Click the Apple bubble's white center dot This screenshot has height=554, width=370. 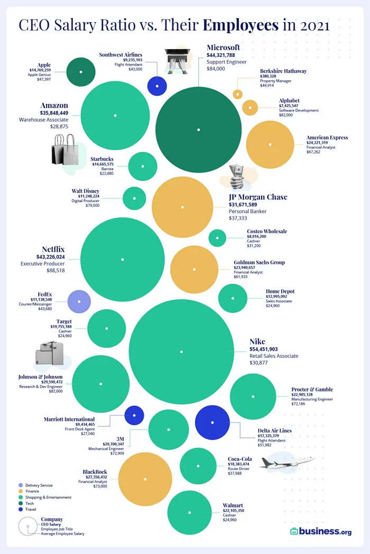81,71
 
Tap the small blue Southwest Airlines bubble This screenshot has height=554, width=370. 157,86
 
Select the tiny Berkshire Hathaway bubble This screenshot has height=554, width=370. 238,94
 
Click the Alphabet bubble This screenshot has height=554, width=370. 250,107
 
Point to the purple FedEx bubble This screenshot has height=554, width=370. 79,302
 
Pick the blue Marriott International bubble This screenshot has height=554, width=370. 134,415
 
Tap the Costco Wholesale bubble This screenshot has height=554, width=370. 217,238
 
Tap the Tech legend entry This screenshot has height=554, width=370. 33,503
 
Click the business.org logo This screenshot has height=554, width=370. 320,531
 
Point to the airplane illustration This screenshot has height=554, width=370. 288,463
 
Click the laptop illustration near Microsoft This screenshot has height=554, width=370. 181,58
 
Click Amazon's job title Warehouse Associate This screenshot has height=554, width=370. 43,120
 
